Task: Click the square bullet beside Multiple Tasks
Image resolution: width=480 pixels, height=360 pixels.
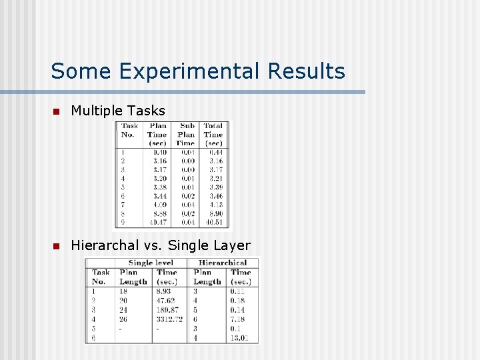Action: click(57, 111)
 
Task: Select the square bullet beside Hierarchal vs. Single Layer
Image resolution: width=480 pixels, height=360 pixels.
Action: click(57, 247)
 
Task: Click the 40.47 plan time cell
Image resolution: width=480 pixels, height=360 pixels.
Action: click(158, 222)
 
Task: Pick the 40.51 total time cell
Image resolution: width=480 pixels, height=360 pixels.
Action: click(214, 222)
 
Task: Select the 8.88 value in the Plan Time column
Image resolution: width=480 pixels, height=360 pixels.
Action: click(159, 213)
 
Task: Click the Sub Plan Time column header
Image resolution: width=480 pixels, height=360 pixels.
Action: click(186, 134)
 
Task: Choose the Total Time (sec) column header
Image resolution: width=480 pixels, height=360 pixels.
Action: click(213, 134)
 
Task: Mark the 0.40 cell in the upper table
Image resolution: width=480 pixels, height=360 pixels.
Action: click(159, 152)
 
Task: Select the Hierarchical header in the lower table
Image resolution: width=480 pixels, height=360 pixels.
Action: click(223, 263)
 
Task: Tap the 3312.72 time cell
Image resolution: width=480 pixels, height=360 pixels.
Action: click(169, 319)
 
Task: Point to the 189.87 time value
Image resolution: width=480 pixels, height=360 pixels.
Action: click(167, 310)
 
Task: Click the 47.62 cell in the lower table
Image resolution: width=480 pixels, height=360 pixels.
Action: click(166, 301)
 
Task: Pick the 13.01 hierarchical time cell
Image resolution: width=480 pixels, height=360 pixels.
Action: click(239, 338)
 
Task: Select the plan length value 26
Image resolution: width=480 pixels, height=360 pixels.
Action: click(123, 319)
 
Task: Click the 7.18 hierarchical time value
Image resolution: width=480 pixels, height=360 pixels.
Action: click(237, 319)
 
